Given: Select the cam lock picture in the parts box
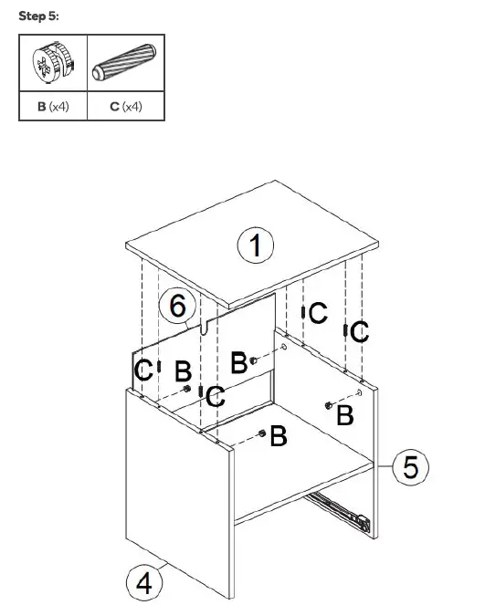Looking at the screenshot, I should click(53, 63).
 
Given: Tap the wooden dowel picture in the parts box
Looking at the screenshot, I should click(126, 62).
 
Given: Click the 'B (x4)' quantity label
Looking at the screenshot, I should click(53, 107).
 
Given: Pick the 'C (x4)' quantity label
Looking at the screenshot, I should click(126, 107).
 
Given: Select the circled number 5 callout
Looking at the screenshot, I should click(411, 468).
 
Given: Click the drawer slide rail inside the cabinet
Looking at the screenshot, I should click(338, 507).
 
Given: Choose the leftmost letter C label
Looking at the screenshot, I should click(142, 370).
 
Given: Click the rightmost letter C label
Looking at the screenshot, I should click(360, 332).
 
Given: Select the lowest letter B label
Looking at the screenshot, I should click(279, 437).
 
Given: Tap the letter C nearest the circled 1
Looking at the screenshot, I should click(317, 314).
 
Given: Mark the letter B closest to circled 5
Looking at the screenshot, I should click(345, 415).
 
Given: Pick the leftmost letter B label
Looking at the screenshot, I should click(183, 371).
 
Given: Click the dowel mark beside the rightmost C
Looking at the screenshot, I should click(345, 329).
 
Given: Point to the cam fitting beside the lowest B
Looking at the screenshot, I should click(263, 433).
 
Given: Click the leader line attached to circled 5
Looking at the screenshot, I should click(384, 465).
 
